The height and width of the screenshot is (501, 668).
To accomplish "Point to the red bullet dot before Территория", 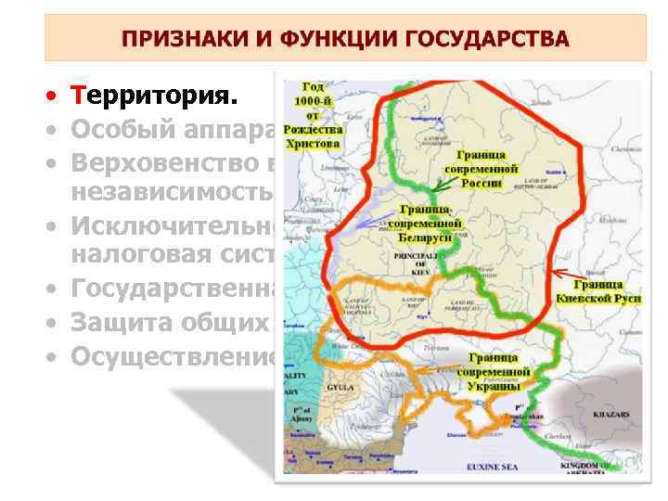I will click(57, 96).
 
